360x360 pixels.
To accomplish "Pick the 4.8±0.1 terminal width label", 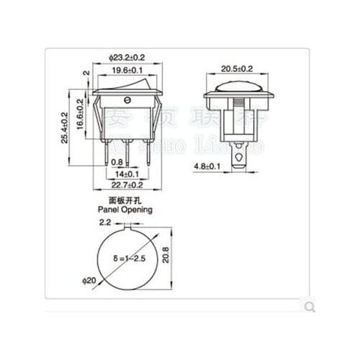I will pos(208,167).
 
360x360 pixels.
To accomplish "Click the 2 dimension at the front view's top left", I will pos(86,73).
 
